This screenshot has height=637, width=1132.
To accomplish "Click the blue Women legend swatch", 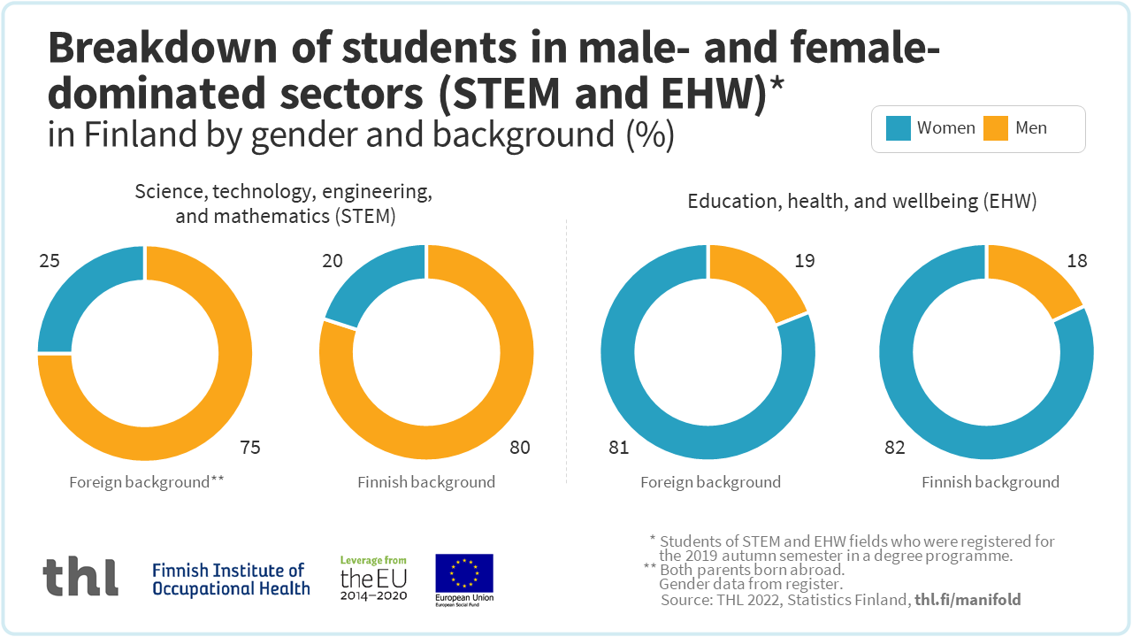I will (899, 128).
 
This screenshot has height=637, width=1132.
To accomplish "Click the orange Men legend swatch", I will (996, 128).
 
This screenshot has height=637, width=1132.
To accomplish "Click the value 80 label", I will (520, 448).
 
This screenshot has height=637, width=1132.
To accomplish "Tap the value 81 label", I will (618, 448).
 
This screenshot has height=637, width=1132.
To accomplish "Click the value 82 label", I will (895, 448).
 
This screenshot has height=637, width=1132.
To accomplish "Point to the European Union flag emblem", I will (464, 573).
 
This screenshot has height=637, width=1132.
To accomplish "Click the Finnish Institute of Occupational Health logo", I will (231, 579).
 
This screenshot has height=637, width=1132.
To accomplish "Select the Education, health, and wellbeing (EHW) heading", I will (862, 202).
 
